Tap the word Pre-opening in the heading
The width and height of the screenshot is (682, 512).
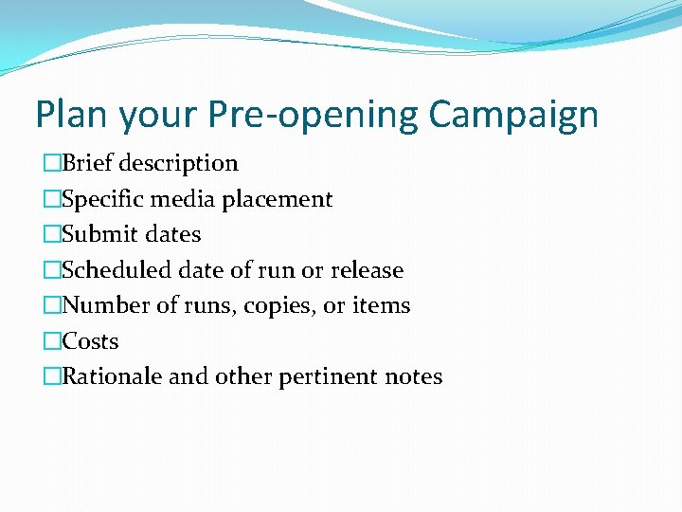pyautogui.click(x=310, y=115)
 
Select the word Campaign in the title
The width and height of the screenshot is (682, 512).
pyautogui.click(x=513, y=115)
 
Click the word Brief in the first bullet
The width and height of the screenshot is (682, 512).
pyautogui.click(x=88, y=163)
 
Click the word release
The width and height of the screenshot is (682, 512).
pyautogui.click(x=367, y=270)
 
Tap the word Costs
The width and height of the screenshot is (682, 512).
pyautogui.click(x=90, y=341)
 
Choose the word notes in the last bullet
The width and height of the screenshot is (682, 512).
pyautogui.click(x=414, y=376)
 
